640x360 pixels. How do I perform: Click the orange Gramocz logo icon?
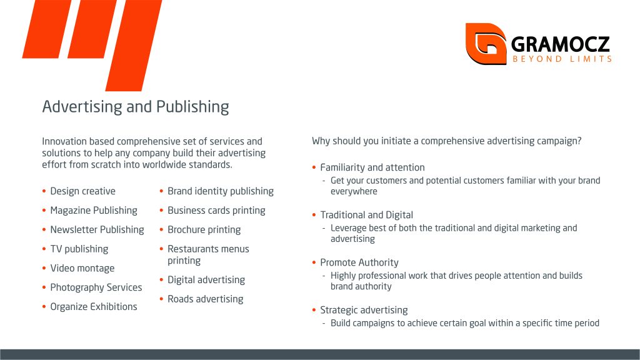[x=486, y=44]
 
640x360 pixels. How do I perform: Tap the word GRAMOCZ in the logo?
[x=561, y=44]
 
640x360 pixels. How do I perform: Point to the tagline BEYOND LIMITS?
[x=562, y=59]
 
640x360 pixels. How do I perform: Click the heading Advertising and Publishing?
[x=136, y=106]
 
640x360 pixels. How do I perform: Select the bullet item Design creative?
[x=83, y=191]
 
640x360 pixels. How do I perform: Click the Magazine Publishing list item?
[x=94, y=210]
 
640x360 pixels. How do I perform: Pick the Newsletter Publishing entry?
[x=97, y=229]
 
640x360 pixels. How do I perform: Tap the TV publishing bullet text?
[x=79, y=249]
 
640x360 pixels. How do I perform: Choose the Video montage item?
[x=82, y=268]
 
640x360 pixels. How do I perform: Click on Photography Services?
[x=96, y=287]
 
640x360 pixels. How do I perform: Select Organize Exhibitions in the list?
[x=94, y=306]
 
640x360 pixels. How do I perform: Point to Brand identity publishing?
[x=221, y=191]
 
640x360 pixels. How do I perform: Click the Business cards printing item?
[x=216, y=210]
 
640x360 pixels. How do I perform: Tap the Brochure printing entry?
[x=204, y=229]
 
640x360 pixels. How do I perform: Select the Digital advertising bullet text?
[x=206, y=279]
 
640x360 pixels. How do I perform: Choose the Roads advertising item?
[x=205, y=299]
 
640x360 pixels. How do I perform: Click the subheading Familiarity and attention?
[x=372, y=167]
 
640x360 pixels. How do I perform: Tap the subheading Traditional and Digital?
[x=366, y=215]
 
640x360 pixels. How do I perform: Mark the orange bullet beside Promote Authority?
[x=314, y=262]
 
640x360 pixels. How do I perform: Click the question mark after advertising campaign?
[x=579, y=141]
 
